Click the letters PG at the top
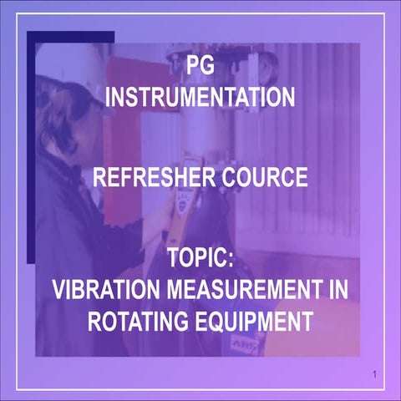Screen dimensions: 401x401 200,65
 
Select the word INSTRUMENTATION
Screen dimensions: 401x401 200,98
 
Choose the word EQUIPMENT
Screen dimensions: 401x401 253,321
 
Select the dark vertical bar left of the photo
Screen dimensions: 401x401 32,142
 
